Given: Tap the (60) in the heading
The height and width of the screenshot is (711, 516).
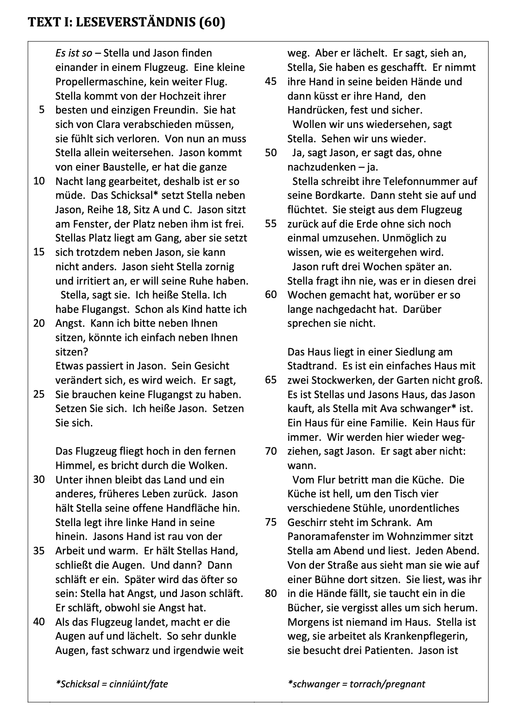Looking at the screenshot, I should (x=212, y=22).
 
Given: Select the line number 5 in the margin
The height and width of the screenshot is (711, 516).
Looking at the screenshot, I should (x=42, y=110).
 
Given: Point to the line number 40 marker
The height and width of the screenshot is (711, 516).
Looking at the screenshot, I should (x=39, y=622).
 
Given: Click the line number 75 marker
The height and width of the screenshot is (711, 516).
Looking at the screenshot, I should (x=271, y=522).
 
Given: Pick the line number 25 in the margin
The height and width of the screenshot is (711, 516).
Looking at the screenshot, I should (x=39, y=395).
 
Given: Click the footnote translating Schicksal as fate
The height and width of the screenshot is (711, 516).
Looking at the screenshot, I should (x=112, y=684).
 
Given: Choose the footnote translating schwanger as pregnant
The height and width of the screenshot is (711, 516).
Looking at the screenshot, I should (x=356, y=684).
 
